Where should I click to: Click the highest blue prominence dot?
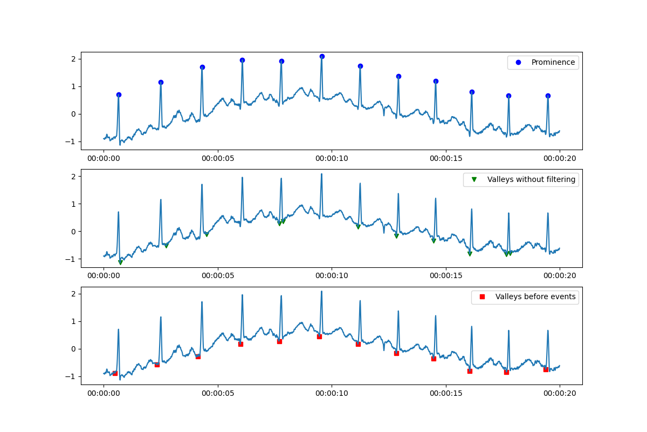tap(322, 56)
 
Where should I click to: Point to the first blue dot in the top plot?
tap(119, 94)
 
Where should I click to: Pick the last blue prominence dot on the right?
tap(548, 96)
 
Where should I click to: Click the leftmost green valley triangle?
tap(120, 262)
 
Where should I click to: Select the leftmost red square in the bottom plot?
tap(115, 373)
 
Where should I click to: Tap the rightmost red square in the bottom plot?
tap(546, 369)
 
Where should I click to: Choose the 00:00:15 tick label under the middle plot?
tap(446, 276)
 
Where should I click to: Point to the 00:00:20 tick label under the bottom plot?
tap(560, 393)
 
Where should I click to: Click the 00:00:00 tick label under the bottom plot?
tap(104, 393)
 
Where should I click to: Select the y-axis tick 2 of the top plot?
tap(75, 59)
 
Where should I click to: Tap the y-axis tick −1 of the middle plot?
tap(73, 259)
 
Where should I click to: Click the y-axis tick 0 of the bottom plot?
tap(75, 349)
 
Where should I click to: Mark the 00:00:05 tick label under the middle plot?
tap(218, 276)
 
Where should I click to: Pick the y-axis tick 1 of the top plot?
tap(75, 86)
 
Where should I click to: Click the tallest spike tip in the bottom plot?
tap(321, 292)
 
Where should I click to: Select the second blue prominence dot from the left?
tap(161, 82)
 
